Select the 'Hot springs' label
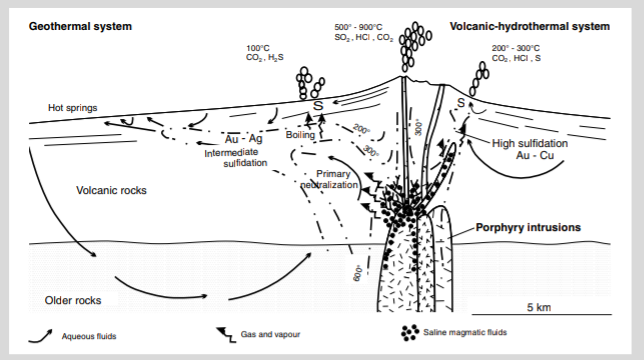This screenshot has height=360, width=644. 74,108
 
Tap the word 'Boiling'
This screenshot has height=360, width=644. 301,135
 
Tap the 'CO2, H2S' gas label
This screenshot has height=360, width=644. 262,59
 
